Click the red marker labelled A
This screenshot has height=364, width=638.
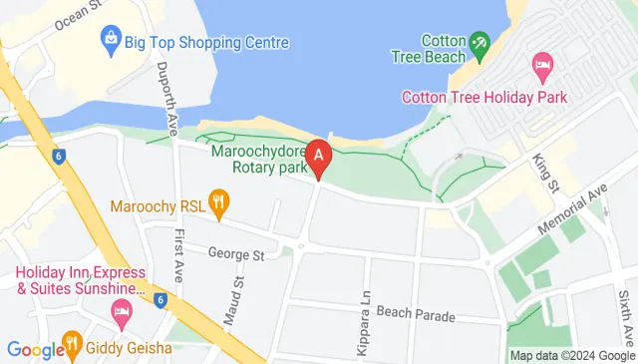(x=318, y=157)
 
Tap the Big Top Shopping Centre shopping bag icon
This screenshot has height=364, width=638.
(x=111, y=42)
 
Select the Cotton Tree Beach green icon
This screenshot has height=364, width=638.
(x=478, y=43)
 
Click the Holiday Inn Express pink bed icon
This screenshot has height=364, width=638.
(x=122, y=315)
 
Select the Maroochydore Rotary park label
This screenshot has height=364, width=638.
(x=257, y=160)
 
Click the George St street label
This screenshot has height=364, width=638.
(x=235, y=255)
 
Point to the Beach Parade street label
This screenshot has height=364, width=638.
(x=416, y=316)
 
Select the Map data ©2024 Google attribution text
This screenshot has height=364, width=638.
(x=571, y=355)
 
